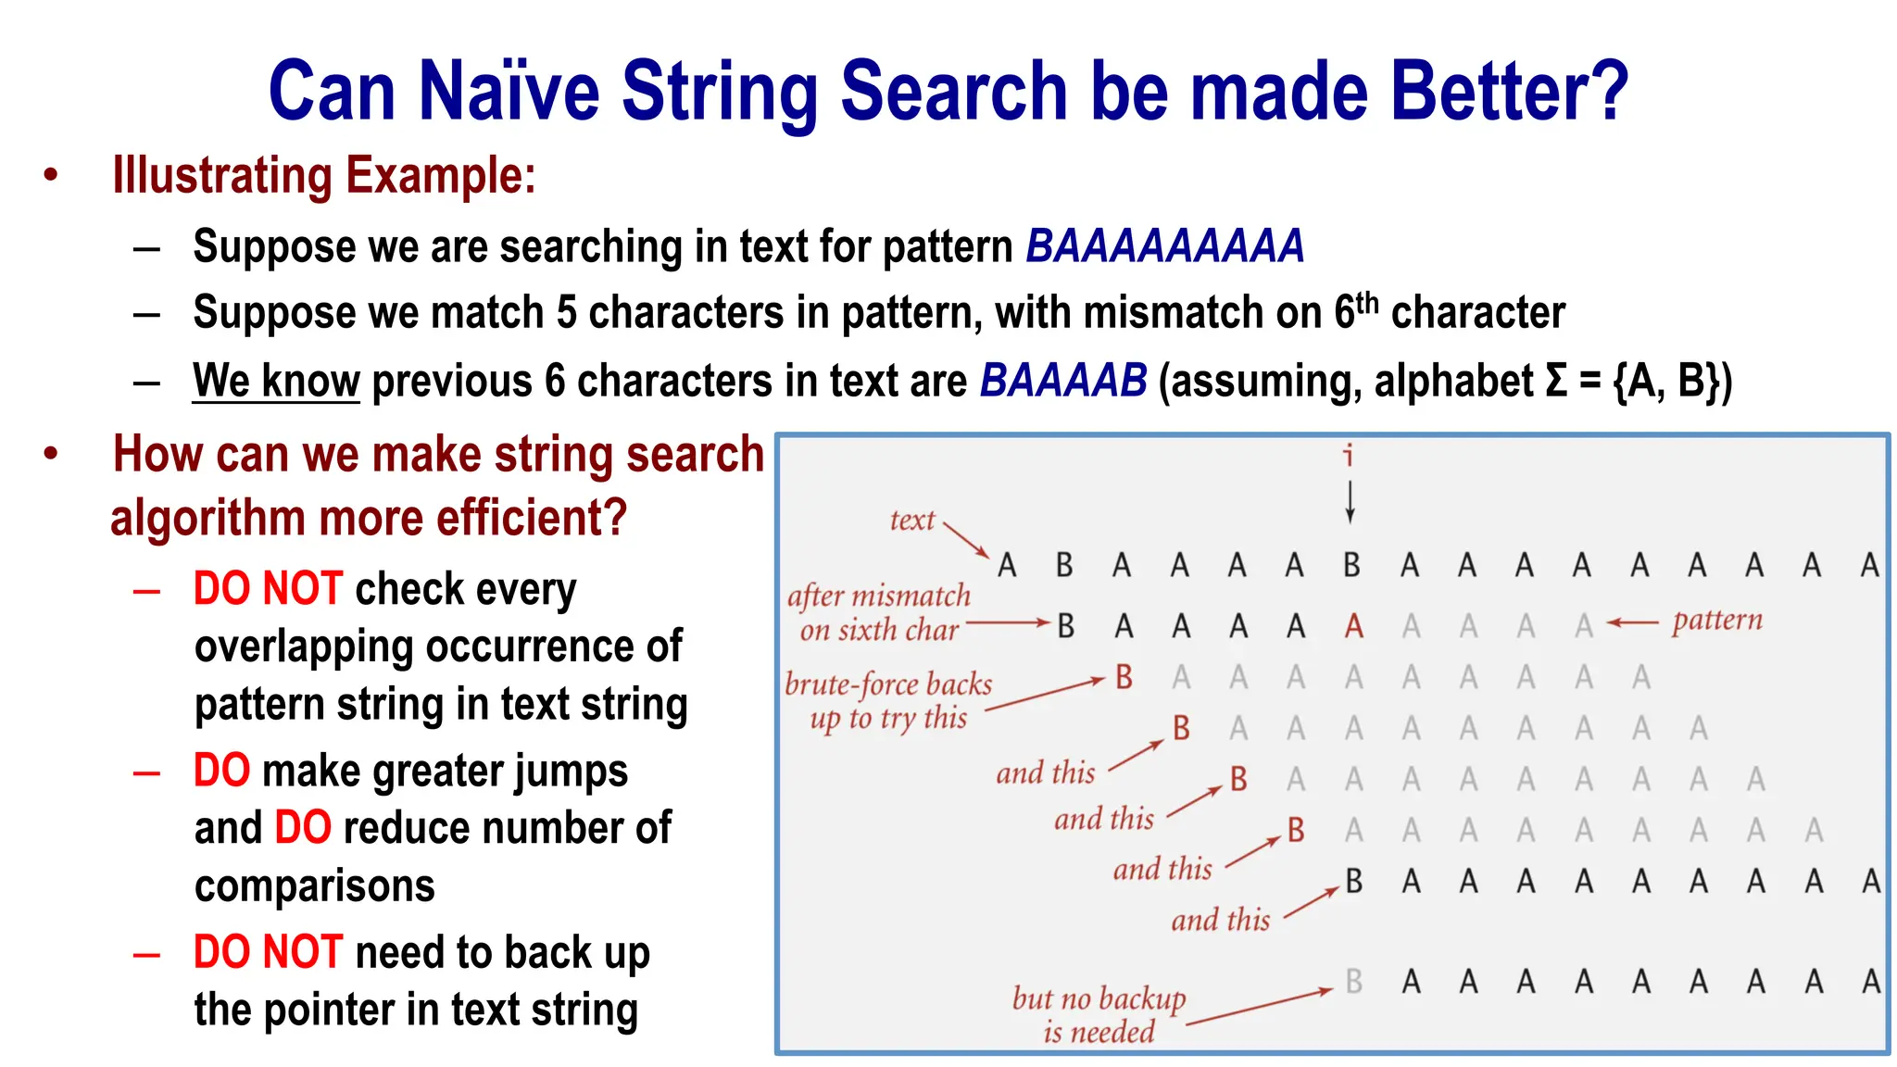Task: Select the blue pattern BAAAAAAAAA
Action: pos(1164,246)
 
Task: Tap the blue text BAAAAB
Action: pos(1062,381)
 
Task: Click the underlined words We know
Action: pos(275,381)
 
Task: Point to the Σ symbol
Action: pos(1556,381)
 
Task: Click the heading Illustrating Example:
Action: pos(323,175)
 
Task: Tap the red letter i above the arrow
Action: pos(1349,455)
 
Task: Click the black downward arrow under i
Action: pos(1350,501)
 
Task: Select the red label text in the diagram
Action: pos(911,521)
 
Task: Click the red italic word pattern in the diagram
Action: pos(1716,620)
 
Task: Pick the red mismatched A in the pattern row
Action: pos(1353,627)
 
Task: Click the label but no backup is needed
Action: pos(1099,1014)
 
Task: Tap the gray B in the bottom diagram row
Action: pos(1353,981)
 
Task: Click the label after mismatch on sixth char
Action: pos(878,612)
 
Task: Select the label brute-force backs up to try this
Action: pos(887,700)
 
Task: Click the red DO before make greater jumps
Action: pos(221,771)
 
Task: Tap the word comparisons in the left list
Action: pos(314,885)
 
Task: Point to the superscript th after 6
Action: pos(1367,301)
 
